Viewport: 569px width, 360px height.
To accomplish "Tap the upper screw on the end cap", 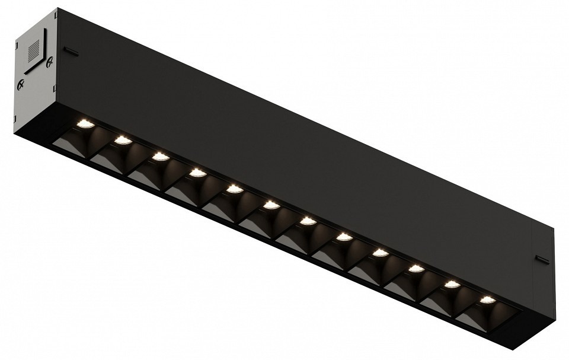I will pyautogui.click(x=50, y=59).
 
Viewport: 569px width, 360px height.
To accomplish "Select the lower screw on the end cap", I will pyautogui.click(x=21, y=84).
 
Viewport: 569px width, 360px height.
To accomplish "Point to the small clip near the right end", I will pyautogui.click(x=542, y=258).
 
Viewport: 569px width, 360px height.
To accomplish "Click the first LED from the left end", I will pyautogui.click(x=85, y=123).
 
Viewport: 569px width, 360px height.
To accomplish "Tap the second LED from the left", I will pyautogui.click(x=122, y=141).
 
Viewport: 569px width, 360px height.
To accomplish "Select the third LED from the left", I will pyautogui.click(x=159, y=157).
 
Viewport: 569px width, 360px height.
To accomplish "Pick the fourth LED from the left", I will pyautogui.click(x=197, y=173).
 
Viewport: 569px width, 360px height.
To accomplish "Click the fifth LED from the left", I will pyautogui.click(x=234, y=189).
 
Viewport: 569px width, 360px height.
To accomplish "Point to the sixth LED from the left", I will pyautogui.click(x=271, y=205).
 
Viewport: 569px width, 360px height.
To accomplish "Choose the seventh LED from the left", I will pyautogui.click(x=307, y=221).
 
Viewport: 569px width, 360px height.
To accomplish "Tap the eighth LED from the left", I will pyautogui.click(x=344, y=237).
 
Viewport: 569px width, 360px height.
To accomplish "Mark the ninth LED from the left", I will pyautogui.click(x=380, y=253).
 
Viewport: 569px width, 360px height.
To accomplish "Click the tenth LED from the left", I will pyautogui.click(x=416, y=269).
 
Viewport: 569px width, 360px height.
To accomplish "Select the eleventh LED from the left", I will pyautogui.click(x=452, y=285).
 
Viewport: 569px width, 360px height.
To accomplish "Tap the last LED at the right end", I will pyautogui.click(x=487, y=300).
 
